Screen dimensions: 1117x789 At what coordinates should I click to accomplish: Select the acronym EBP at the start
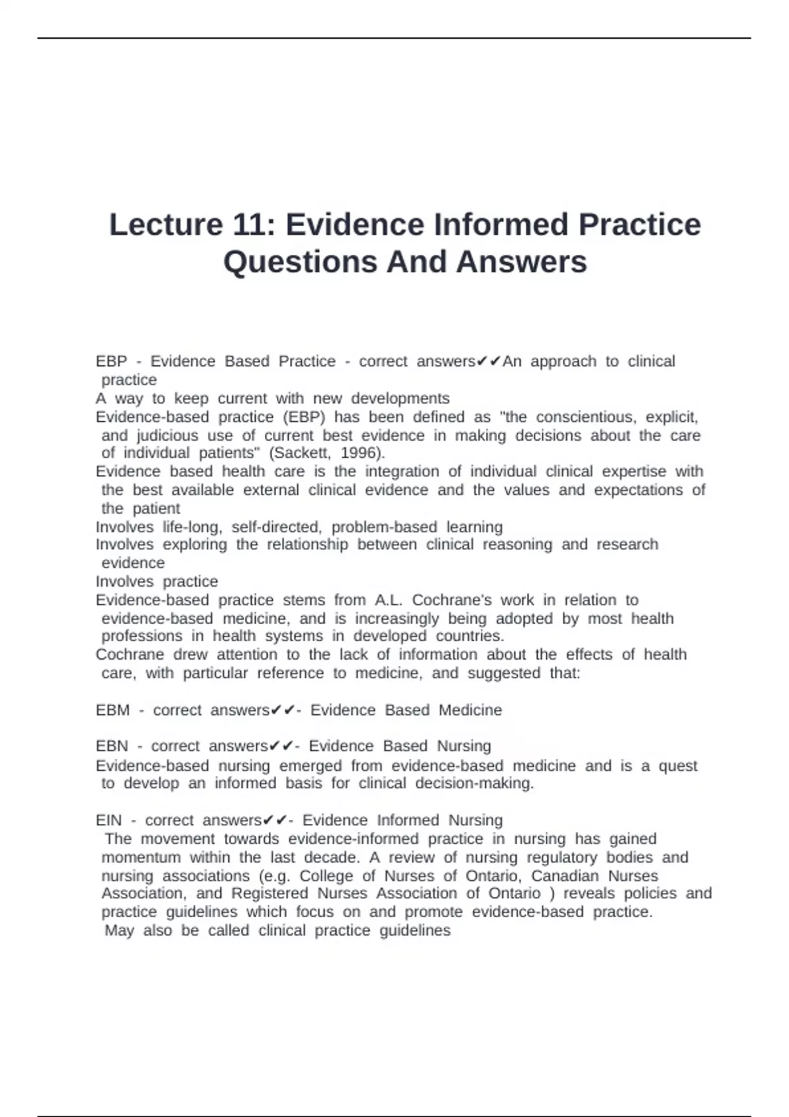tap(111, 361)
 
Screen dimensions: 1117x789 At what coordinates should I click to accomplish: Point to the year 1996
tap(360, 453)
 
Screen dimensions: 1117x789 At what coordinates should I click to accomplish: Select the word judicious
tap(167, 436)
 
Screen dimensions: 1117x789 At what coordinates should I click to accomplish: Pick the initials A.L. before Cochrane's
tap(389, 600)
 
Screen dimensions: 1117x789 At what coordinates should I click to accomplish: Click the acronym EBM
tap(112, 710)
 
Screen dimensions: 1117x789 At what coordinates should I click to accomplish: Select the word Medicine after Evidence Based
tap(470, 710)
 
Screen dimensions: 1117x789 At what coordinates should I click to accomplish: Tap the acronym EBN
tap(112, 746)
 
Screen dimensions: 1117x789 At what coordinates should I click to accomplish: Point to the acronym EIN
tap(108, 821)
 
